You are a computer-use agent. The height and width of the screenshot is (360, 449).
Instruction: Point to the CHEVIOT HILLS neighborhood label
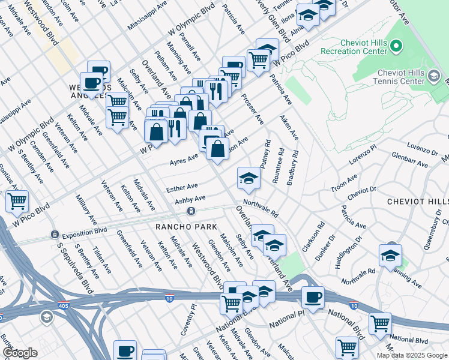click(418, 202)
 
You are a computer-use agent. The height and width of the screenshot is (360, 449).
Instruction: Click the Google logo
click(19, 352)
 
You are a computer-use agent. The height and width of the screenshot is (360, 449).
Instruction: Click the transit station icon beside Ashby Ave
click(191, 211)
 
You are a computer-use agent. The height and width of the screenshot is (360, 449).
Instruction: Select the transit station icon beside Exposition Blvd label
click(55, 234)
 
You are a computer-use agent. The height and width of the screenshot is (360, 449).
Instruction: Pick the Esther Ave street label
click(182, 187)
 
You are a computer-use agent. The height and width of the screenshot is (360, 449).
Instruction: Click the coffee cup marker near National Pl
click(312, 296)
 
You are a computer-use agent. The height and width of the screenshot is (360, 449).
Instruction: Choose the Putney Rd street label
click(266, 154)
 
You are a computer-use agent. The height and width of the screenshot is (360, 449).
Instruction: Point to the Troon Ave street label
click(344, 184)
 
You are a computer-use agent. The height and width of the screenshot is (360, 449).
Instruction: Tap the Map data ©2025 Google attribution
click(412, 355)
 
